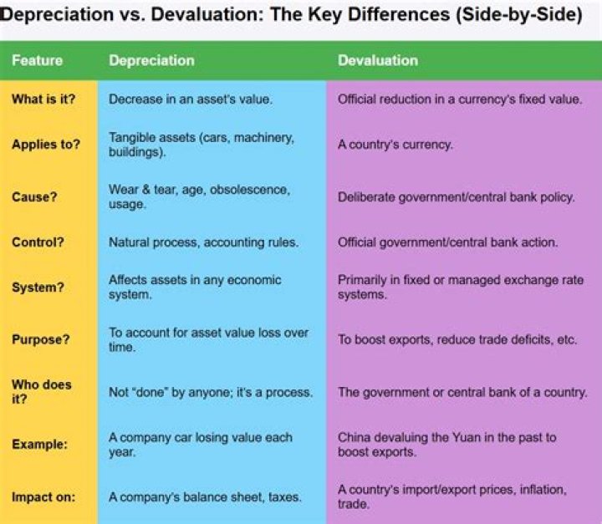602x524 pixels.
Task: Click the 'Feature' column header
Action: (x=38, y=60)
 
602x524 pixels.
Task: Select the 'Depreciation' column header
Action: (x=151, y=60)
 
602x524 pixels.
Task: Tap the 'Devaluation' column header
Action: (x=378, y=60)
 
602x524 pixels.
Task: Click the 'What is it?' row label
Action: (x=42, y=99)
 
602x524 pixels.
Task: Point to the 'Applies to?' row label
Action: (x=46, y=144)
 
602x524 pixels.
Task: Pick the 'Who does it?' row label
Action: (x=42, y=391)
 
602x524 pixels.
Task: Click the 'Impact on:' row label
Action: (x=43, y=496)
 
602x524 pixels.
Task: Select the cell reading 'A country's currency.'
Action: (x=395, y=144)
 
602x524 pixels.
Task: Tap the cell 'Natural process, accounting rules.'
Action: (x=203, y=242)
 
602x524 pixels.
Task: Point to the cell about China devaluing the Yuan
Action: (x=446, y=444)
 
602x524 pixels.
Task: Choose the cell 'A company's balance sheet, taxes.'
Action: (x=205, y=496)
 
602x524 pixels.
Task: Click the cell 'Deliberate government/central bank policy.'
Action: (x=456, y=198)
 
